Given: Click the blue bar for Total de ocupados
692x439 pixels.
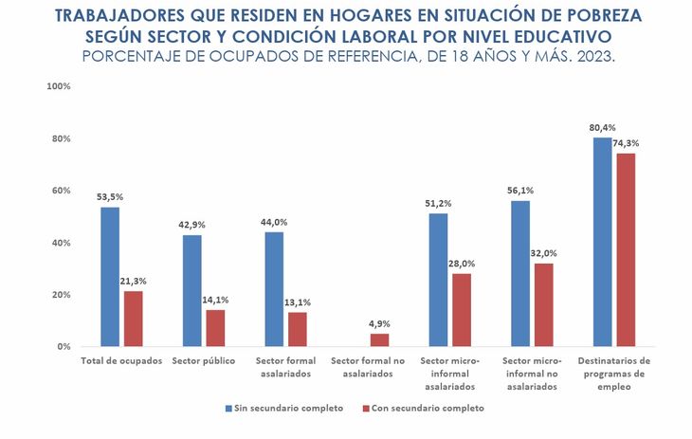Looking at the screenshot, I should pos(110,277).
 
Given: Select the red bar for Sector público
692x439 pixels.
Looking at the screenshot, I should pos(215,328).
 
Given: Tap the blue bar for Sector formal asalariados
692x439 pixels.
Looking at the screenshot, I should pos(274,289).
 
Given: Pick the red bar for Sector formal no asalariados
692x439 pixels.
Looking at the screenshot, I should pos(379,339).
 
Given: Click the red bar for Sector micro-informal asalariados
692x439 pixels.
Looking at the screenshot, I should pos(462,310).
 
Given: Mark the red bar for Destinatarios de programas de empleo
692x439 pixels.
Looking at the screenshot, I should pos(626,249).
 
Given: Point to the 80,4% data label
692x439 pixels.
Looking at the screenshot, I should pos(601,127).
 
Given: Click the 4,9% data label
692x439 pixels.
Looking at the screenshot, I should pos(379,322).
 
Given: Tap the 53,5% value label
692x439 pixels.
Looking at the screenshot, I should pos(110,197).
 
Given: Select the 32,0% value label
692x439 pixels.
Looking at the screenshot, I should pos(543,253).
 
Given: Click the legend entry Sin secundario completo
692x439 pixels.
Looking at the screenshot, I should pos(284,408).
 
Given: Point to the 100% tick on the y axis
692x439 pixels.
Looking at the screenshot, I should pos(59,86).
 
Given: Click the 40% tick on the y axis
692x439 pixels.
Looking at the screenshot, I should pos(61,243).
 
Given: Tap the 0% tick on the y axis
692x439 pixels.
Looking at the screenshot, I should pos(64,346).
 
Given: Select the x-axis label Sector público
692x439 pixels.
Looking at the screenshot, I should pos(203,361).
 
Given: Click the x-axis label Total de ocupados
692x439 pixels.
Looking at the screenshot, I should pos(121,361).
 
